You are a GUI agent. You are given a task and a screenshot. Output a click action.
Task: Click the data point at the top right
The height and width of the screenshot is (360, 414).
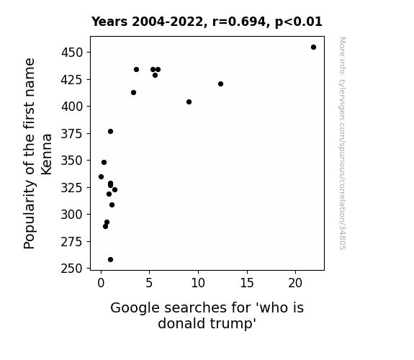(313, 48)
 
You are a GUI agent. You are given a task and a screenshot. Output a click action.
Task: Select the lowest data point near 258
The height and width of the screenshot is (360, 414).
(110, 260)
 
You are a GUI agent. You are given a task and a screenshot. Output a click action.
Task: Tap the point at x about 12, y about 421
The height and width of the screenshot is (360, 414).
(221, 84)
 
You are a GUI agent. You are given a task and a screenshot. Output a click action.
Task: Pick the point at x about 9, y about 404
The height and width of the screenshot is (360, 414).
(189, 102)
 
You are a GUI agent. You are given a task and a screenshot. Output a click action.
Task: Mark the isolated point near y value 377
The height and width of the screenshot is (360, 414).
(110, 132)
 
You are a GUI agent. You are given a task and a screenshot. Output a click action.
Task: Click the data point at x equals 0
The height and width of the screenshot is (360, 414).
(101, 176)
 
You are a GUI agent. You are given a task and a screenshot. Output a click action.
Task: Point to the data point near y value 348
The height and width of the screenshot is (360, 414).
(104, 163)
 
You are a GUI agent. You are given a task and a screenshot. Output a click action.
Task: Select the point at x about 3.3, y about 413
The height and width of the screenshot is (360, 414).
(134, 93)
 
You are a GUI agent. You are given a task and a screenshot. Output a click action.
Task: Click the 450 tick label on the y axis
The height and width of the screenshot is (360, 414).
(72, 53)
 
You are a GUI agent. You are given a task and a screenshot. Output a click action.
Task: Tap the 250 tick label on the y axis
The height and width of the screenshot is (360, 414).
(72, 269)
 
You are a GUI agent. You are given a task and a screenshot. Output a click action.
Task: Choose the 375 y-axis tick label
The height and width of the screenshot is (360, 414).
(72, 134)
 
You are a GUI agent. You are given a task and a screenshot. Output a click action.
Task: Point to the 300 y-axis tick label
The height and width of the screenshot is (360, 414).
(72, 215)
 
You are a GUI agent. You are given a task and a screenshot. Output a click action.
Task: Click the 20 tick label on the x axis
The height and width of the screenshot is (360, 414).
(295, 283)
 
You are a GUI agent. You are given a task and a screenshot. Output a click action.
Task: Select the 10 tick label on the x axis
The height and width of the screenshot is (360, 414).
(198, 283)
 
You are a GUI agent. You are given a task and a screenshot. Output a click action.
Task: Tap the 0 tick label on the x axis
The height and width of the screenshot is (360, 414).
(101, 283)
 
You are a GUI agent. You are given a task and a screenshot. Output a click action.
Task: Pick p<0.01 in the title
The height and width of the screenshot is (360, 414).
(299, 22)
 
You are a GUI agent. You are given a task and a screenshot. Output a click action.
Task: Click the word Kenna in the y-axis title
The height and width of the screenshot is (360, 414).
(47, 154)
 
